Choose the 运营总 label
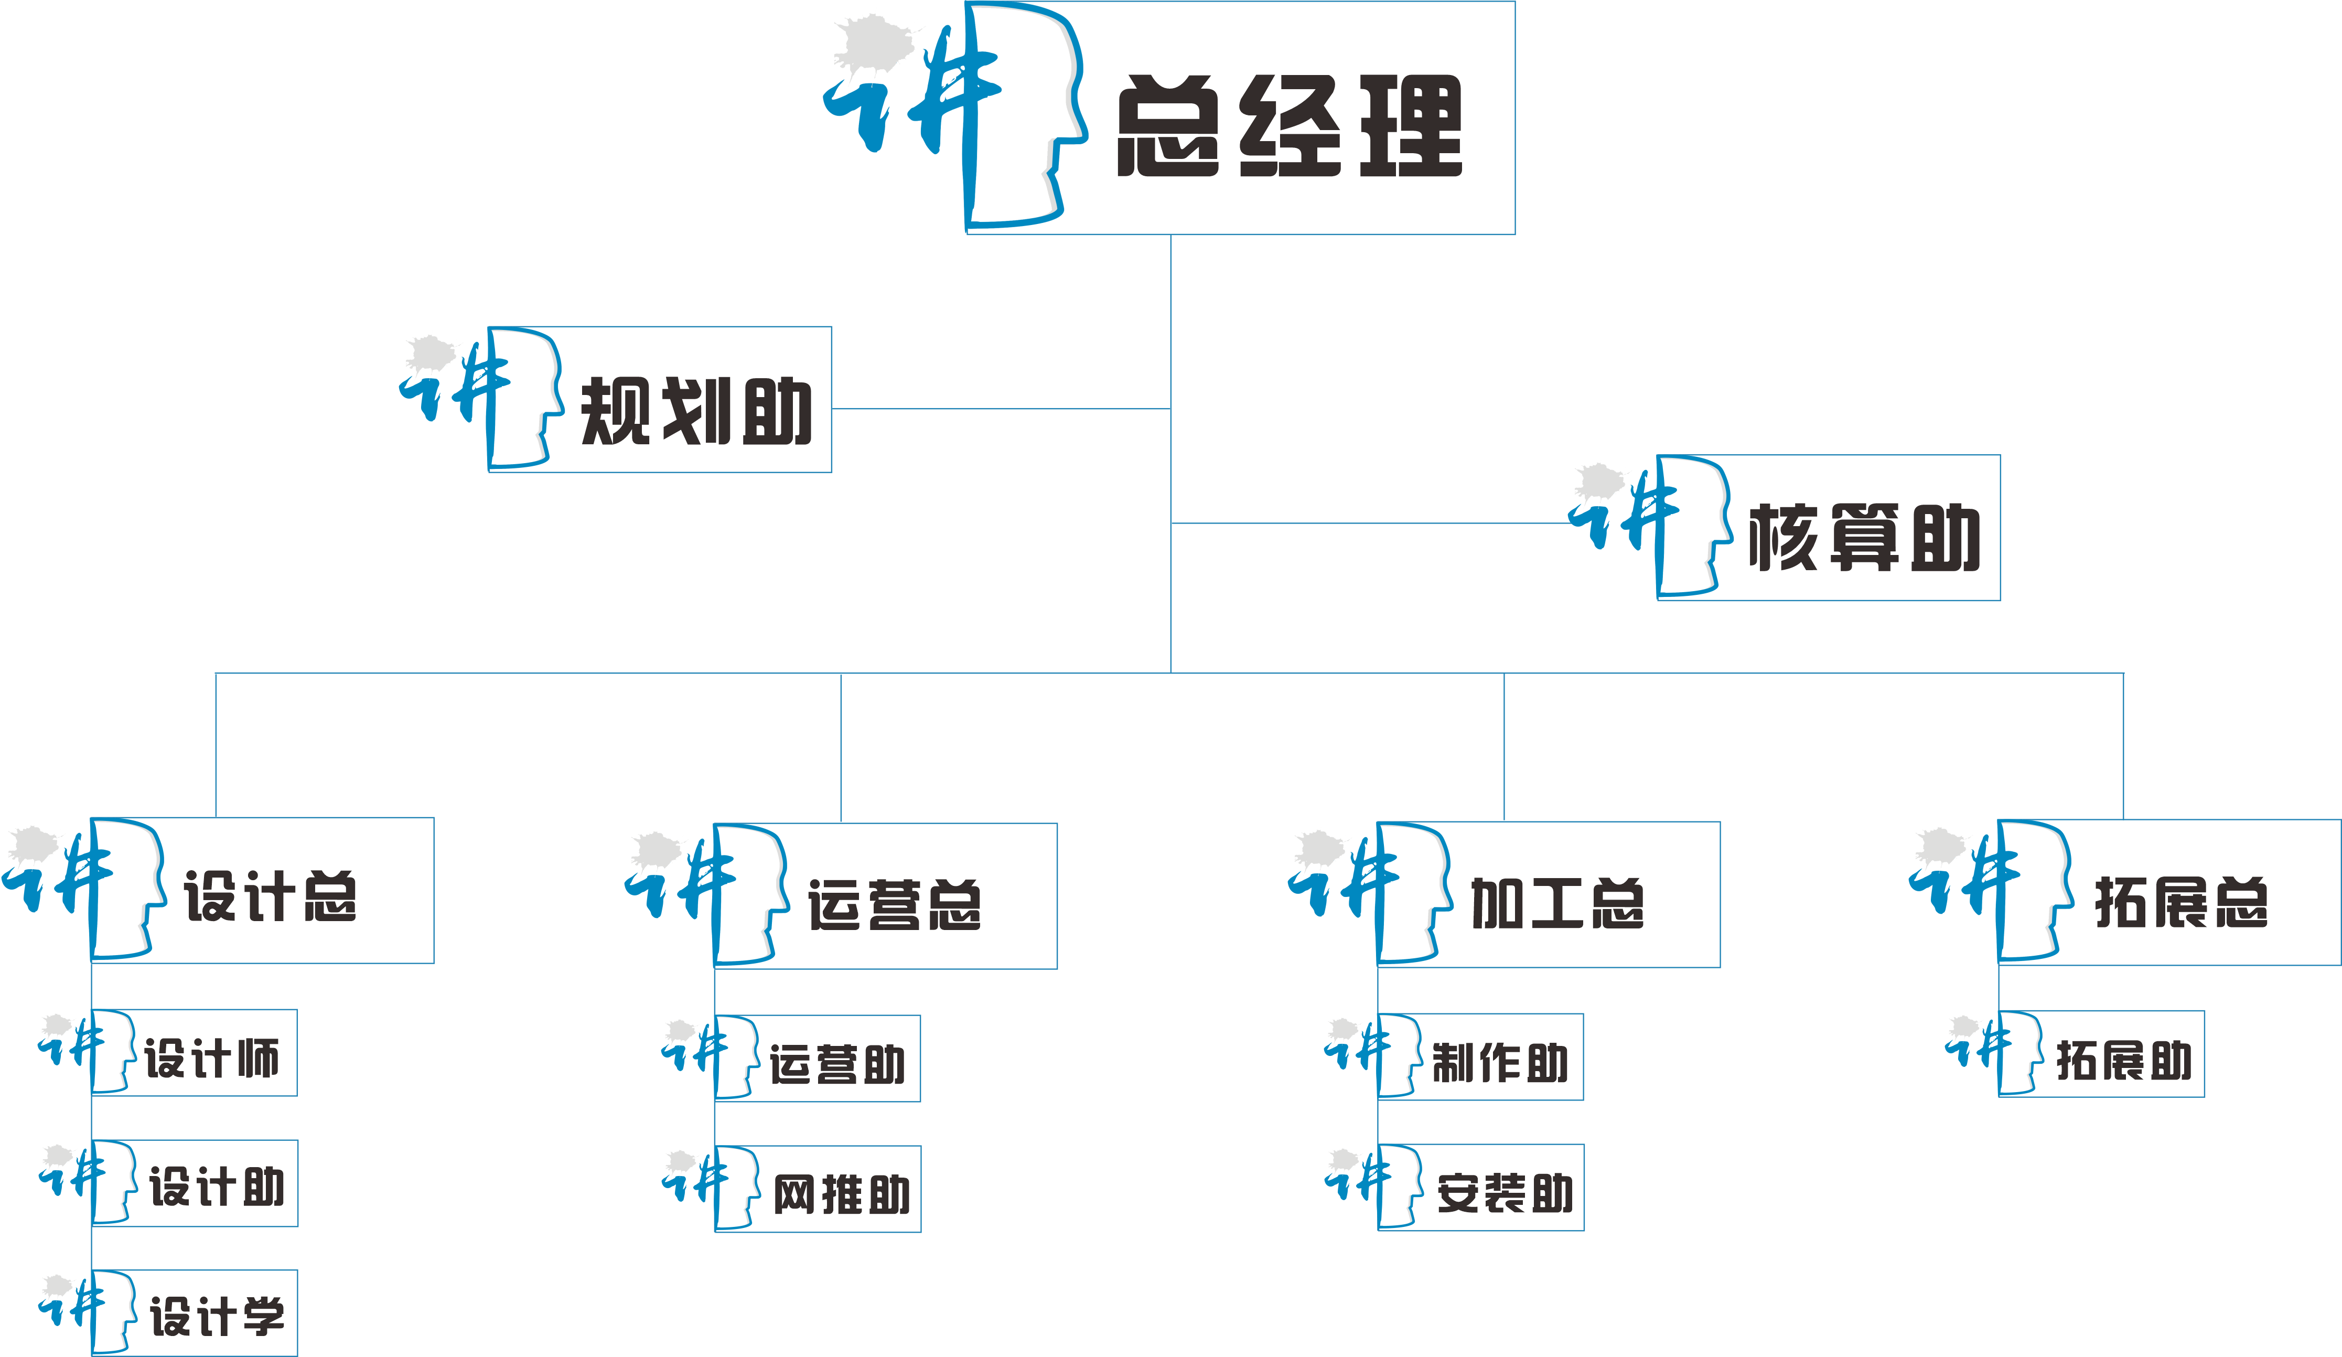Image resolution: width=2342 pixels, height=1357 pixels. pyautogui.click(x=894, y=904)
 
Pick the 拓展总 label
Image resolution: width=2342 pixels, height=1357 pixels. pyautogui.click(x=2181, y=902)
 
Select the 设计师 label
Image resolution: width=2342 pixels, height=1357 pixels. pyautogui.click(x=212, y=1059)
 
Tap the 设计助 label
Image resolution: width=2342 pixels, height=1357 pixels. pyautogui.click(x=217, y=1187)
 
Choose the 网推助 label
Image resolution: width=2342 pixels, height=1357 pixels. pyautogui.click(x=841, y=1194)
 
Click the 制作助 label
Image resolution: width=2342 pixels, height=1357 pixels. pyautogui.click(x=1500, y=1062)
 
